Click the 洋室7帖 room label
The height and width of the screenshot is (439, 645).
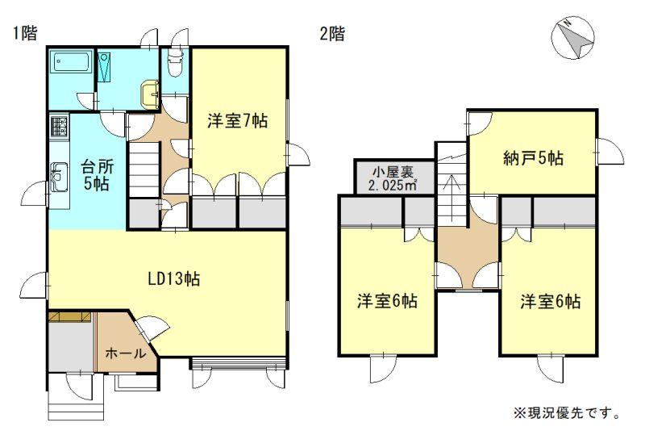(x=237, y=122)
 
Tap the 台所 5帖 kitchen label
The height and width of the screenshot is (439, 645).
(x=97, y=175)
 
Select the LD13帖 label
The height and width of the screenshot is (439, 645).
(x=174, y=278)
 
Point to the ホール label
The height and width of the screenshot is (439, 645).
(x=126, y=353)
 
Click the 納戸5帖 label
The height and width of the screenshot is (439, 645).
(x=533, y=157)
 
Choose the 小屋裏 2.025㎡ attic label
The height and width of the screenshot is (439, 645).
(x=393, y=178)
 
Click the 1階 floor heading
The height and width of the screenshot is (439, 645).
(x=25, y=33)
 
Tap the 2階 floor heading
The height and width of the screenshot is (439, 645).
(x=332, y=33)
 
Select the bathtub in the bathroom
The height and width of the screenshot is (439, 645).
(x=72, y=63)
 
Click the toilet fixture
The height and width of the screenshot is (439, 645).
(x=174, y=62)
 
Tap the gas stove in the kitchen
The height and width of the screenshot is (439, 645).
(x=59, y=128)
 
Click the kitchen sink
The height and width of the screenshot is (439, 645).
(x=59, y=177)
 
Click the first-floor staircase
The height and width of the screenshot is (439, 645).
(x=144, y=169)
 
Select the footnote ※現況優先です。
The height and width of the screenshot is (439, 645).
(x=567, y=412)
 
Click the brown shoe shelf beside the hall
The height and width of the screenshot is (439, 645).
(x=70, y=316)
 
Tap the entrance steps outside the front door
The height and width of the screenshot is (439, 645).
(x=76, y=405)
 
